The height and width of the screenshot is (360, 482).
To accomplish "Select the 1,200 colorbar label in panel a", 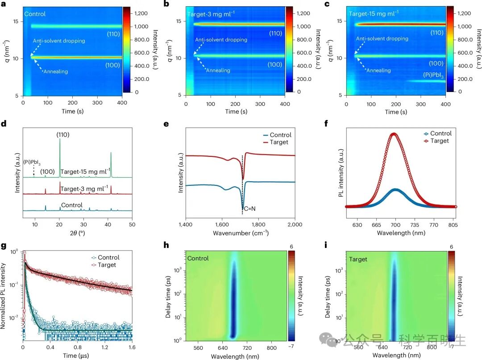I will tap(142, 13).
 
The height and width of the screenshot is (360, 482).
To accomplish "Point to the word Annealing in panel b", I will tap(218, 70).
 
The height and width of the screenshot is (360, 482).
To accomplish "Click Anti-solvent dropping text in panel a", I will tap(59, 41).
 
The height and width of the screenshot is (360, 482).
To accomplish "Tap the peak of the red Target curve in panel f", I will tap(393, 133).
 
